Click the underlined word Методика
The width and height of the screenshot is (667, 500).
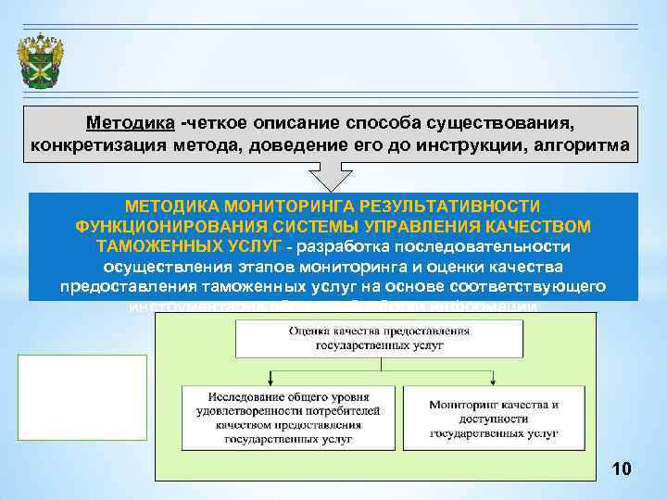pos(128,123)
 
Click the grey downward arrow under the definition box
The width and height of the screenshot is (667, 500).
pos(331,178)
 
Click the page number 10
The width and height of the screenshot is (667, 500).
pos(622,470)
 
